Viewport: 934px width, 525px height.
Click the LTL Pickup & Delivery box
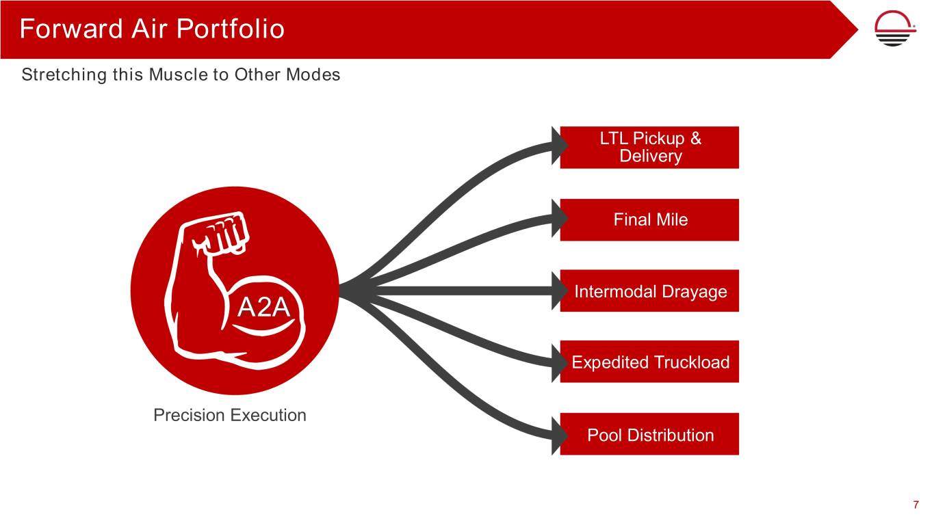tap(649, 147)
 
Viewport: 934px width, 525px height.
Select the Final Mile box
tap(649, 219)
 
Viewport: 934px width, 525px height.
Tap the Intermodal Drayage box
tap(649, 292)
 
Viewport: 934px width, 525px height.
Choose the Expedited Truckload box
tap(649, 362)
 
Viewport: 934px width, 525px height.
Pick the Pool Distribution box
tap(649, 435)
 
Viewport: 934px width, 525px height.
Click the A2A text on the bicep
tap(263, 309)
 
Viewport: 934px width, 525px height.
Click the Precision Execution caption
tap(230, 415)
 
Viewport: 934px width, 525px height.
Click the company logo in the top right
tap(896, 30)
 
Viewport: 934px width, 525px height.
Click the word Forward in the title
tap(60, 29)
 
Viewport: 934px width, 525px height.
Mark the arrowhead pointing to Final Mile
tap(561, 216)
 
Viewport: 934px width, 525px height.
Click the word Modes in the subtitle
tap(313, 75)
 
